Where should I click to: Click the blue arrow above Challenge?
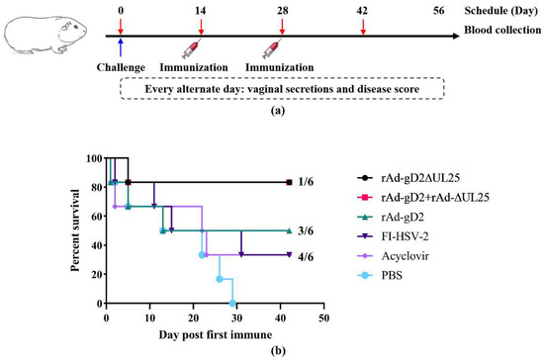click(x=121, y=46)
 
